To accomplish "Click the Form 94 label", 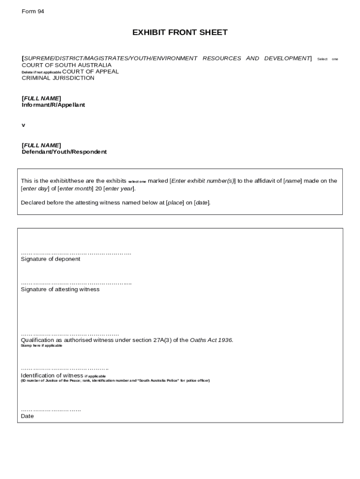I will [x=33, y=11].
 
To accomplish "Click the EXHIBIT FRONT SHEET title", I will [x=180, y=32].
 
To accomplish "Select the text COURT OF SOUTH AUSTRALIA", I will [x=66, y=65].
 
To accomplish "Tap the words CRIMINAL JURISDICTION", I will [x=58, y=78].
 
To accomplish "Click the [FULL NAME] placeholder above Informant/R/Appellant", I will [x=41, y=98].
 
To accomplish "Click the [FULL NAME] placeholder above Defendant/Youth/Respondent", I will [x=41, y=145].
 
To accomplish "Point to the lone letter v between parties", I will [x=23, y=125].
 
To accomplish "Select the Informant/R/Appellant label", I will [x=53, y=105].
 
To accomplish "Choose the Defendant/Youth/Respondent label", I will [x=64, y=152].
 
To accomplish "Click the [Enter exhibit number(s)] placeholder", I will [x=202, y=181].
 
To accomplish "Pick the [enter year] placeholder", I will [x=119, y=189].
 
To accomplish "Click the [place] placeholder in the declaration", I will [x=175, y=203].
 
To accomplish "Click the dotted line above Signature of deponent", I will [x=76, y=253].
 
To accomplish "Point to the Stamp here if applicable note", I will [x=41, y=346].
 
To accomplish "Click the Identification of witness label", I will [x=52, y=375].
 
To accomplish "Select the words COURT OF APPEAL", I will [x=90, y=72].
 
